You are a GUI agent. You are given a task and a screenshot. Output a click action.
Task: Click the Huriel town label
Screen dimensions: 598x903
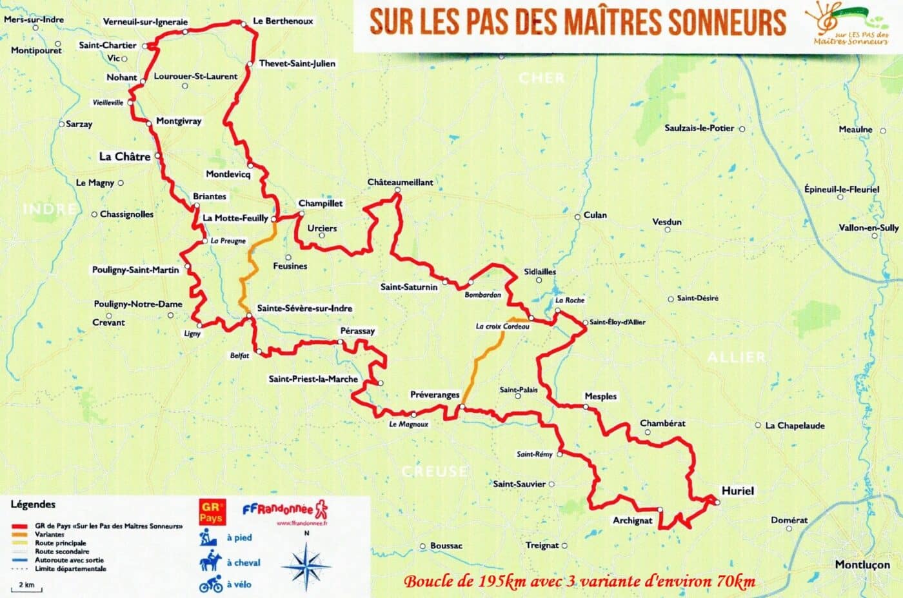click(x=737, y=490)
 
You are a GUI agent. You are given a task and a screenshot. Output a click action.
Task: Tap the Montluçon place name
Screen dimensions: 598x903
click(x=862, y=564)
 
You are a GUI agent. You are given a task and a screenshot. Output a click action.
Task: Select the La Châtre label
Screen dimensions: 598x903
click(x=124, y=156)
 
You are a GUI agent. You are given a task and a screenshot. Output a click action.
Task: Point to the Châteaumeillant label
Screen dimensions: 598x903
click(x=400, y=183)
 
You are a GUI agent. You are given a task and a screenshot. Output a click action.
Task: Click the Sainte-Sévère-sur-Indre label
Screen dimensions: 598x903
click(x=304, y=308)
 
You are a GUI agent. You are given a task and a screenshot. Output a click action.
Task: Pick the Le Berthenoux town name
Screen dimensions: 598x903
click(x=283, y=21)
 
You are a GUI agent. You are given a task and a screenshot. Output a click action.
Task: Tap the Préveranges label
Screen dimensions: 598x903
click(x=435, y=395)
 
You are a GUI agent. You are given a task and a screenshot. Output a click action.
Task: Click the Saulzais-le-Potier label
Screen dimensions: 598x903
click(x=699, y=128)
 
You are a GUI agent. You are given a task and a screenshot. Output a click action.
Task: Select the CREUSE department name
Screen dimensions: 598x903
click(x=434, y=472)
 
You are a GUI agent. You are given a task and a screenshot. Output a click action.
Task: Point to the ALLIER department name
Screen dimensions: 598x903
click(x=736, y=357)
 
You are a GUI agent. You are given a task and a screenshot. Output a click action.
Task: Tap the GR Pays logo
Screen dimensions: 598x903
click(x=211, y=512)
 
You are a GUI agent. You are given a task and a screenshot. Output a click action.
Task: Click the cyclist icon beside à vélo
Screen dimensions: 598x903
click(x=211, y=585)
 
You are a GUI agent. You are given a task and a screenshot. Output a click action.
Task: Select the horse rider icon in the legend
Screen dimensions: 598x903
click(x=211, y=561)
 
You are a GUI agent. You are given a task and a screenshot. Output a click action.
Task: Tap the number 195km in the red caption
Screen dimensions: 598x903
click(x=502, y=581)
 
